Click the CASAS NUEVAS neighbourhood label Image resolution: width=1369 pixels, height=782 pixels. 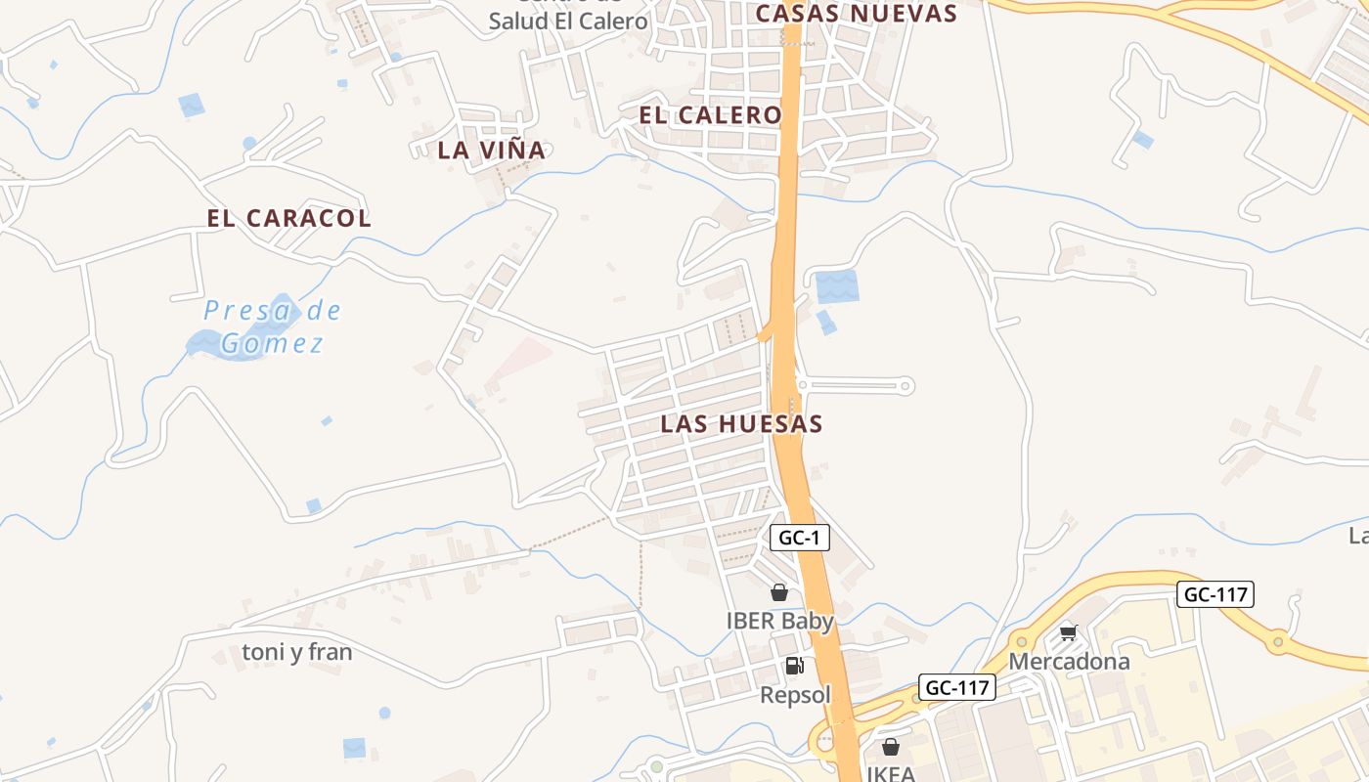[856, 13]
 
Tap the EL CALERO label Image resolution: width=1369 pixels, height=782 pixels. [710, 115]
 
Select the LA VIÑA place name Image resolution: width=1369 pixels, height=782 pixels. [491, 150]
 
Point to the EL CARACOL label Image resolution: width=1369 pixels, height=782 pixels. [289, 218]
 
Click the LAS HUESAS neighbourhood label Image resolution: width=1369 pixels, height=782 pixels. [741, 424]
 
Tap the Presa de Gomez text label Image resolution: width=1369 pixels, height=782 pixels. [272, 327]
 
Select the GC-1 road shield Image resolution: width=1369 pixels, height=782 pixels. [800, 538]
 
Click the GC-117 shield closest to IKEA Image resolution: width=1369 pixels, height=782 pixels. [957, 688]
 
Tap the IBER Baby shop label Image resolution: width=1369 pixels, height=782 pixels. [779, 621]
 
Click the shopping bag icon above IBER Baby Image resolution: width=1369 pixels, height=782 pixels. [779, 592]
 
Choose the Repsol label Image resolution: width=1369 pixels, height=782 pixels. [795, 695]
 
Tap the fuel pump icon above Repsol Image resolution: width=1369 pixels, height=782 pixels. [794, 667]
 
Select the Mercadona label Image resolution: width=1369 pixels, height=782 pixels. [1069, 662]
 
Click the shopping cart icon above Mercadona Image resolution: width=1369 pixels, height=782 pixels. [1069, 633]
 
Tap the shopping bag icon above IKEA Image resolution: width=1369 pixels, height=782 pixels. [891, 748]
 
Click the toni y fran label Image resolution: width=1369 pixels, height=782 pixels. [296, 652]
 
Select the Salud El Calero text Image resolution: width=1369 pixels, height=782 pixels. [567, 21]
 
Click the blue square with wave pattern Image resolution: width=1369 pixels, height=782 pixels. [837, 286]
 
